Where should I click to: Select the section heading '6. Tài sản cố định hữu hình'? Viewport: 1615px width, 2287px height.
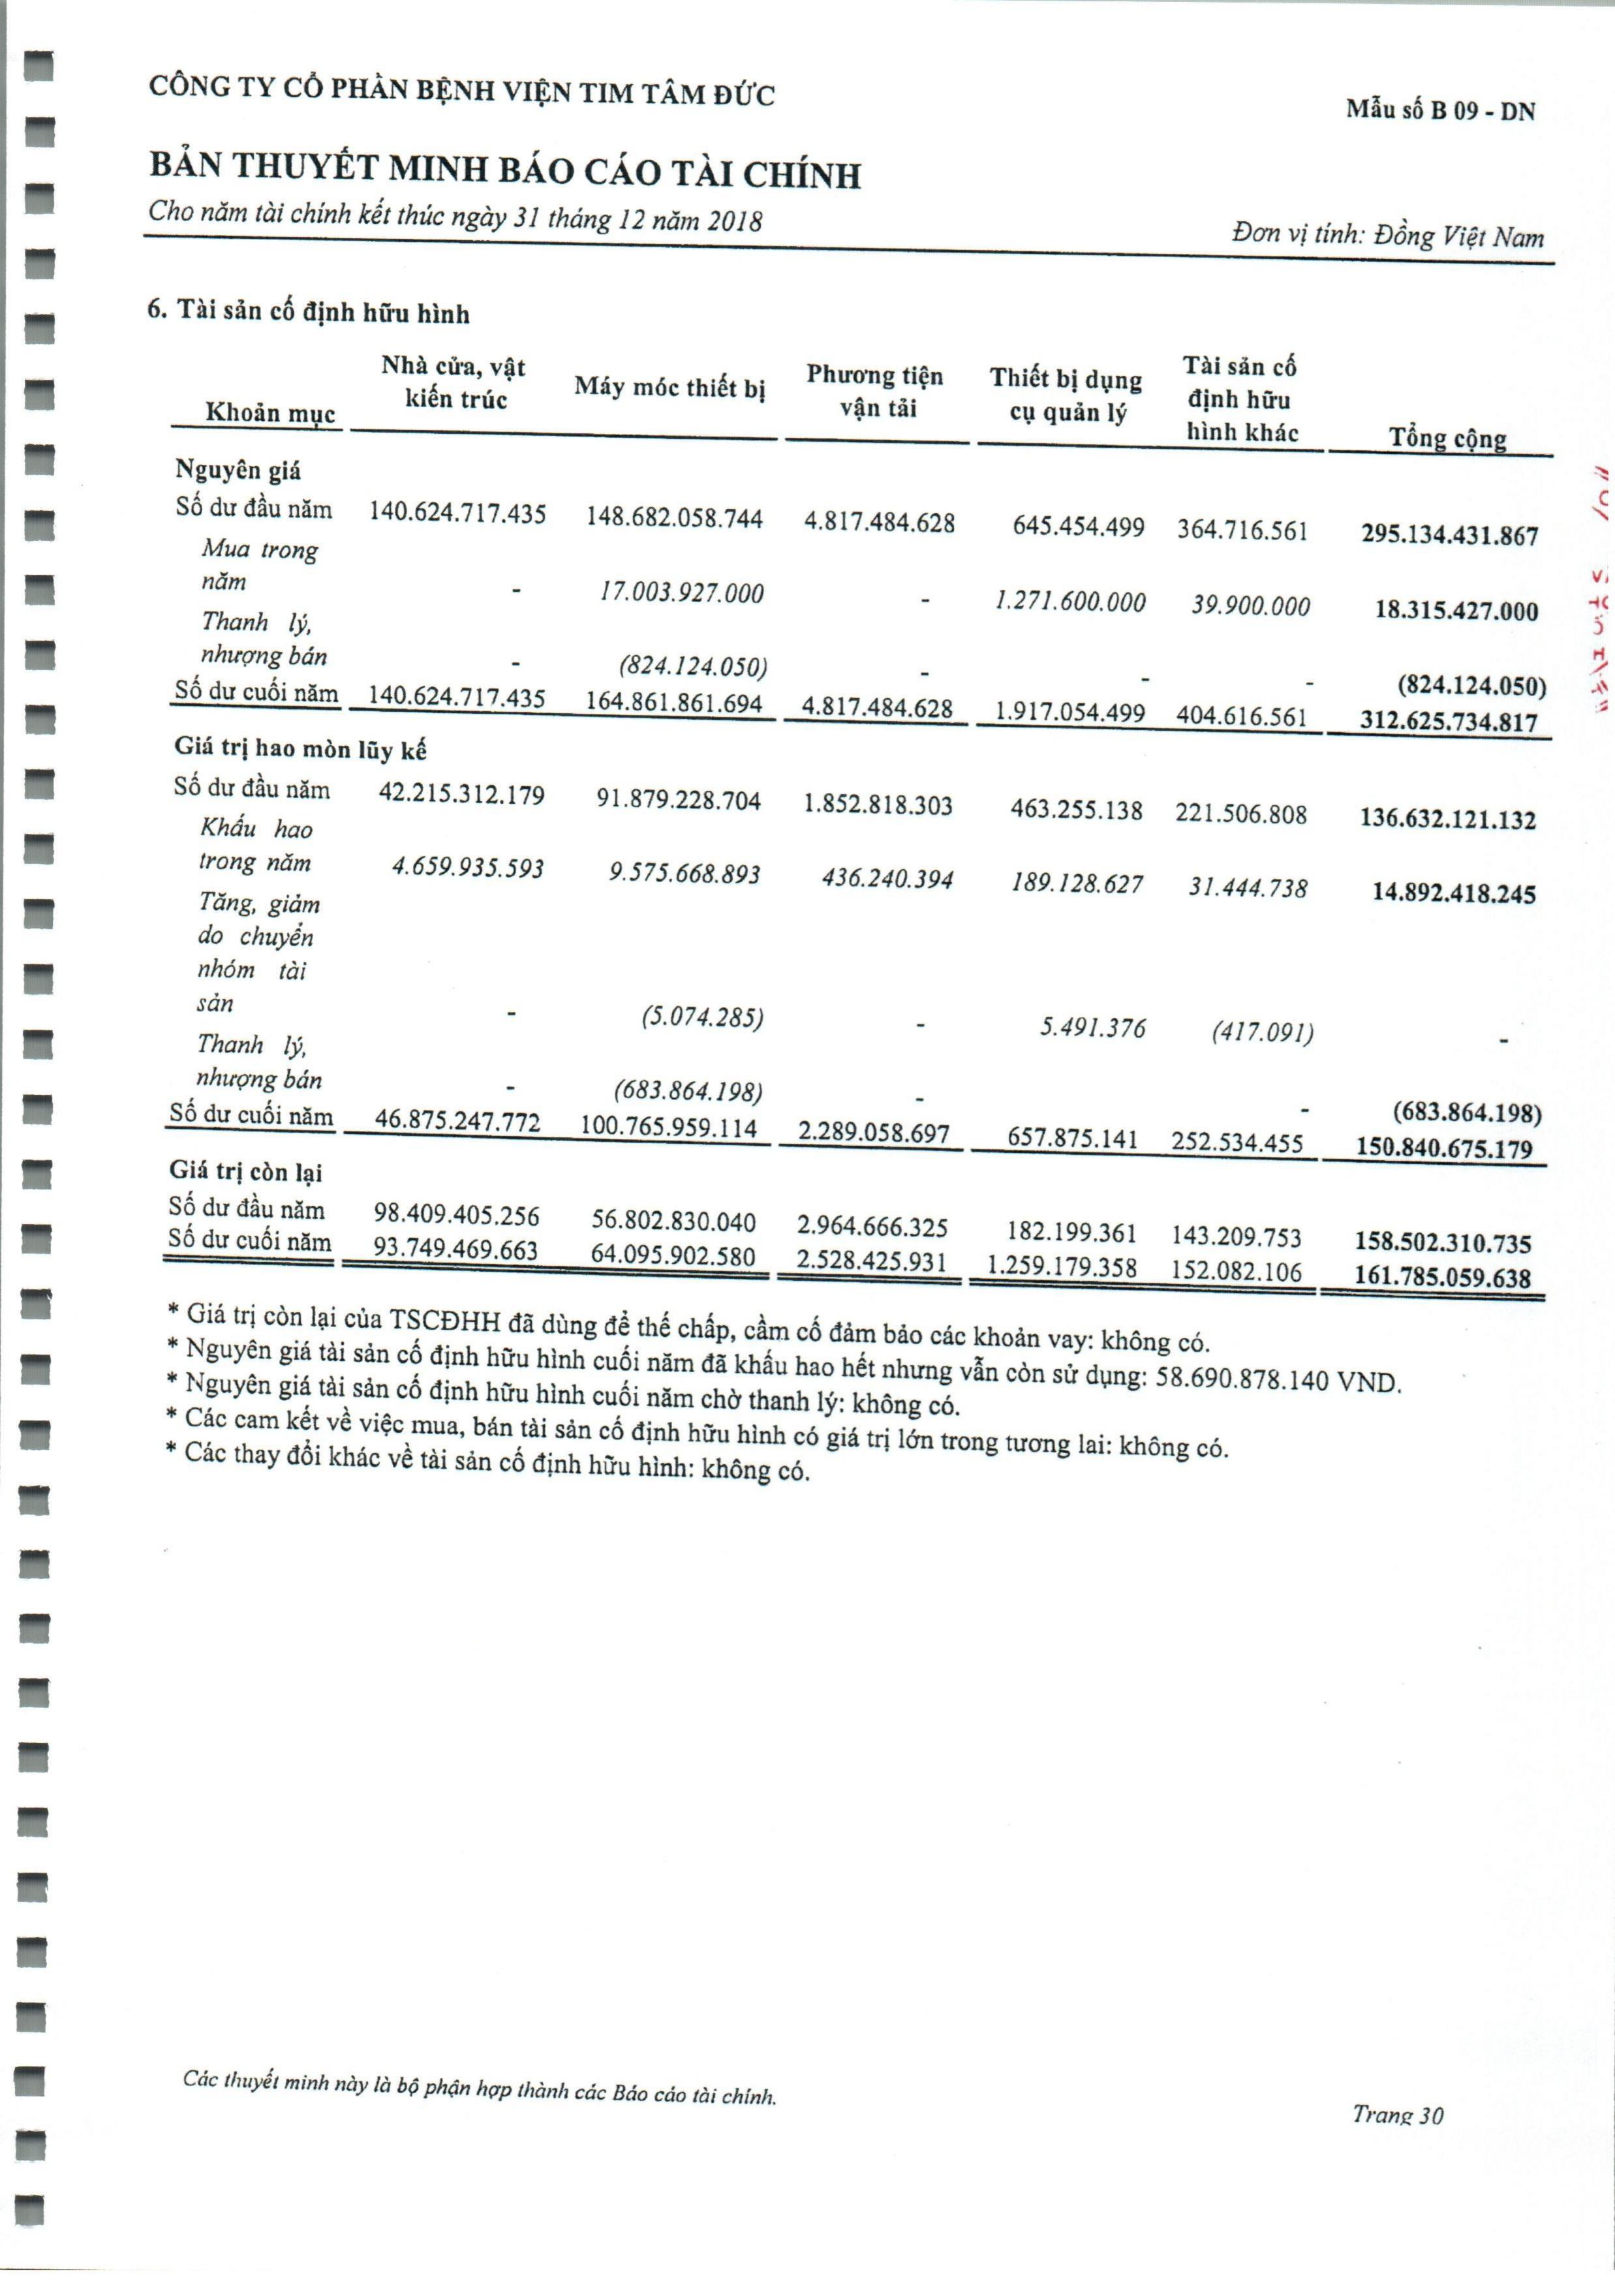[308, 313]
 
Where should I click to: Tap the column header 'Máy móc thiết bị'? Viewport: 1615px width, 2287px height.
[669, 388]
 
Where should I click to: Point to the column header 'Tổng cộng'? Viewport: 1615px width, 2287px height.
[1447, 438]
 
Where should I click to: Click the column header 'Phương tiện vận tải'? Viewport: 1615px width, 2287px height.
[875, 391]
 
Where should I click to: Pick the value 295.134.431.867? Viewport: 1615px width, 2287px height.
[1450, 536]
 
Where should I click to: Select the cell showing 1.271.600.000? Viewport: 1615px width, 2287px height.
[1070, 602]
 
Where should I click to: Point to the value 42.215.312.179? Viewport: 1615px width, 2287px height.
[461, 795]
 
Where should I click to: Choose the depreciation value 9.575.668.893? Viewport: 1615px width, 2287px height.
[684, 874]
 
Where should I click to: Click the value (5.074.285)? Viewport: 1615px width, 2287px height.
[701, 1018]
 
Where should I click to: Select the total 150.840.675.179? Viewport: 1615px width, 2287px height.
[1443, 1148]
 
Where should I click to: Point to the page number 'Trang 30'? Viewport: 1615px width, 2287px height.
[1397, 2113]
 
